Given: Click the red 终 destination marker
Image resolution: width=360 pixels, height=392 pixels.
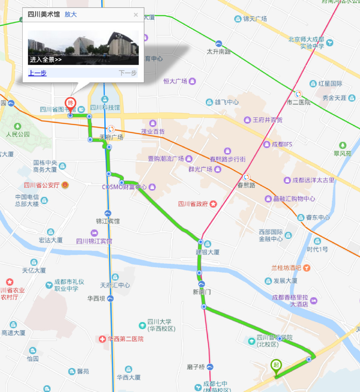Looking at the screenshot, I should coord(70,103).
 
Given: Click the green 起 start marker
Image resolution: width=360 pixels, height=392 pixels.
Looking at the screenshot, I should coord(276,365).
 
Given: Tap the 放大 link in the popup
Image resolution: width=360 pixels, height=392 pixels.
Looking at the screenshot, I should coord(71,14).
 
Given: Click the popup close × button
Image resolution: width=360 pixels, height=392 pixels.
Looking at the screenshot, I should coord(136,15).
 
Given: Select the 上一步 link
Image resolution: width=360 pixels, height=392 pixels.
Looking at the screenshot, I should coord(37,73).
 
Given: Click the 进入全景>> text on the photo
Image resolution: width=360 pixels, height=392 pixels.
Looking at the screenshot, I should coord(46,60).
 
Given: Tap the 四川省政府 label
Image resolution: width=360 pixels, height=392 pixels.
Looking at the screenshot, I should coord(193,204).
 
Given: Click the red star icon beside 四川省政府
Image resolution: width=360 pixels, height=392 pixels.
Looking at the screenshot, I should coord(213,204).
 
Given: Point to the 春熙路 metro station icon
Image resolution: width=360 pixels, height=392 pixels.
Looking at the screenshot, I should coord(247,177).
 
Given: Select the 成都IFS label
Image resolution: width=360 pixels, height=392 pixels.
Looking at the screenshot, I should coord(282,144).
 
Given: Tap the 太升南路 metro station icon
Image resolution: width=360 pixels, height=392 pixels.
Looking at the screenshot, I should coord(219,44).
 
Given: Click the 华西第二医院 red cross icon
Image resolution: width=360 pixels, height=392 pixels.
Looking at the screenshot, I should coord(102,339).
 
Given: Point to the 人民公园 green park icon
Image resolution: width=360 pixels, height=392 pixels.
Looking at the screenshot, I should coord(17,126).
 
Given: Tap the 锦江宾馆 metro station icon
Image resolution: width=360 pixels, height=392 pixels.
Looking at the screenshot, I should coord(108,213).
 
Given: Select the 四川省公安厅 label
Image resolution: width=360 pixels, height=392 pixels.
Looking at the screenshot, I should coord(42,185).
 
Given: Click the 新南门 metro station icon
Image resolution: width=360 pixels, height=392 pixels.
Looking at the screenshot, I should coord(202,284).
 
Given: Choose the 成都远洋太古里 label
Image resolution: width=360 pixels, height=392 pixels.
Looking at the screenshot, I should coord(313,180).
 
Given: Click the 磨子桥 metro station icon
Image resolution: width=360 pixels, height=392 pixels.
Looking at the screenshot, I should coord(210,367).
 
